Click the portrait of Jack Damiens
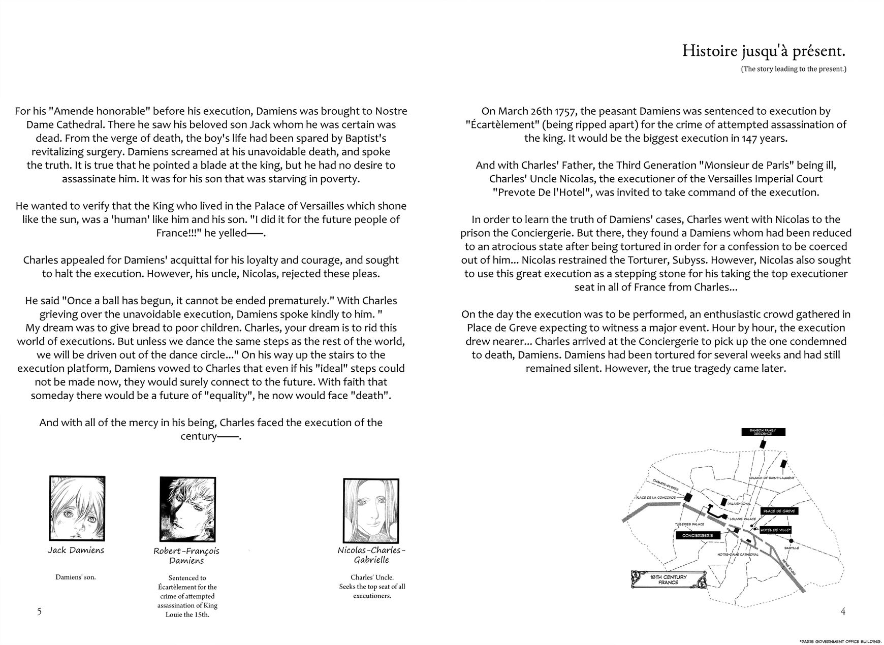(77, 508)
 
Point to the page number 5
(39, 611)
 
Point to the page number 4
(843, 611)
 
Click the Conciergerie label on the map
(698, 535)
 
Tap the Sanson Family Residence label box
(763, 432)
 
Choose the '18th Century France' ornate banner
(668, 579)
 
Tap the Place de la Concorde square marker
(689, 498)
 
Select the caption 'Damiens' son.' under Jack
(75, 577)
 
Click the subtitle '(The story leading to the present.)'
(793, 69)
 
